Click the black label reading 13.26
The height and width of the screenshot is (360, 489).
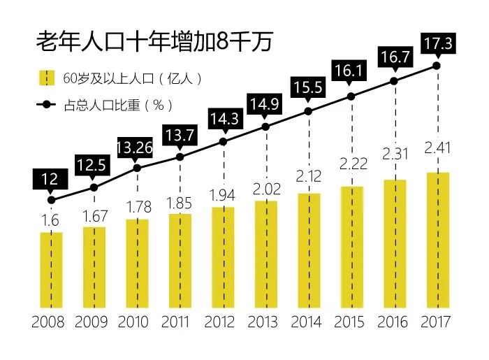click(x=137, y=147)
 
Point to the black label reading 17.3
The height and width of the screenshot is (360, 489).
click(x=438, y=44)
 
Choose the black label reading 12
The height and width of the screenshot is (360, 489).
click(x=50, y=179)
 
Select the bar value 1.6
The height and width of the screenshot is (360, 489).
click(x=51, y=219)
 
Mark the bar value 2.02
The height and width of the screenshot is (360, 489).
click(x=265, y=189)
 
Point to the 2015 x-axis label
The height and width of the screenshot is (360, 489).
click(x=351, y=323)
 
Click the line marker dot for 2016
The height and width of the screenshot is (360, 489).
click(x=394, y=80)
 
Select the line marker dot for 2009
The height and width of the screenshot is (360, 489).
click(x=94, y=187)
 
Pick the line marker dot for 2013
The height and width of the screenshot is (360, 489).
click(x=265, y=127)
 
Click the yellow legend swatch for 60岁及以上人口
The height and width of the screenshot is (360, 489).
click(x=45, y=78)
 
